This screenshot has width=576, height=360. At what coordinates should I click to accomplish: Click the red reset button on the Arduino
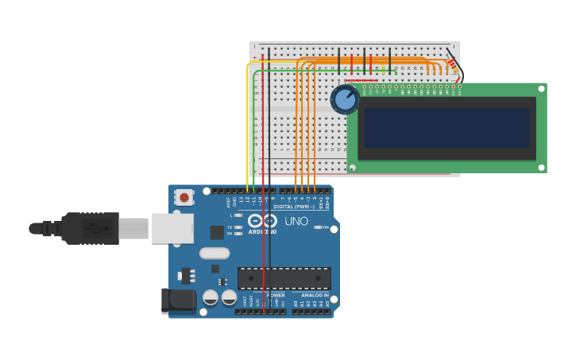[x=184, y=197]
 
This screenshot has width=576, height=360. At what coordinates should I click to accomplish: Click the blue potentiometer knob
[x=345, y=100]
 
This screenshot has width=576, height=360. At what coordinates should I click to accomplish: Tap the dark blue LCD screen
[x=446, y=128]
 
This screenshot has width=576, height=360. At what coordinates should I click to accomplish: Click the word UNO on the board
[x=296, y=222]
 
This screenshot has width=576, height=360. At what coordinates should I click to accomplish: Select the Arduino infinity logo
[x=262, y=220]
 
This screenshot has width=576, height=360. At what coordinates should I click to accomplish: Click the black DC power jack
[x=177, y=300]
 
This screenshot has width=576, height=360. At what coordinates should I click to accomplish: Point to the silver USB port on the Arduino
[x=172, y=228]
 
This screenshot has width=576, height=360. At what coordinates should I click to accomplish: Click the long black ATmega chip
[x=284, y=278]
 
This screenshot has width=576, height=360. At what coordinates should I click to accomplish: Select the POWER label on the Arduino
[x=275, y=295]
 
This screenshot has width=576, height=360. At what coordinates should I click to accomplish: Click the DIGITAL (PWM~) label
[x=296, y=206]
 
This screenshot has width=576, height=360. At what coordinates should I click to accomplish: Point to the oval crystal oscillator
[x=214, y=254]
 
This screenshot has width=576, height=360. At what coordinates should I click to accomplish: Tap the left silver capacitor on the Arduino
[x=211, y=297]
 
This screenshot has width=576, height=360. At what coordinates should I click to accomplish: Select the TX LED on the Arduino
[x=238, y=227]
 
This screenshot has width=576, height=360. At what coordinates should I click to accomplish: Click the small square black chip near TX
[x=217, y=232]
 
